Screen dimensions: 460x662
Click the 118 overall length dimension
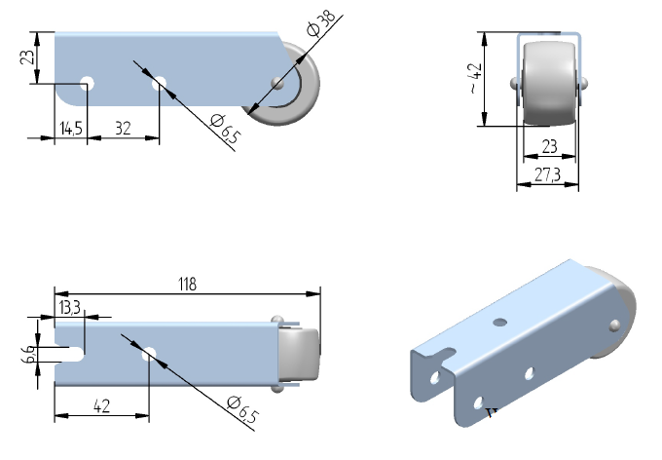(x=187, y=285)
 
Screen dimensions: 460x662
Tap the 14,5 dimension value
(x=70, y=128)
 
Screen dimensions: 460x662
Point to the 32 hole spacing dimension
(x=124, y=128)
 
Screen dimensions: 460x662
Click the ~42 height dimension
(x=474, y=78)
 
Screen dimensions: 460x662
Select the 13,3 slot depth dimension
(x=69, y=308)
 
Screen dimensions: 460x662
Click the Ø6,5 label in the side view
(x=224, y=128)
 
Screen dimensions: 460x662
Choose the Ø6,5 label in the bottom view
(x=241, y=409)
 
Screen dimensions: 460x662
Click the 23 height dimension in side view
(x=29, y=57)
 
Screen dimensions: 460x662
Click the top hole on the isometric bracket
(x=500, y=321)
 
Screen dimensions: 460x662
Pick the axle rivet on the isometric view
(x=614, y=325)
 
